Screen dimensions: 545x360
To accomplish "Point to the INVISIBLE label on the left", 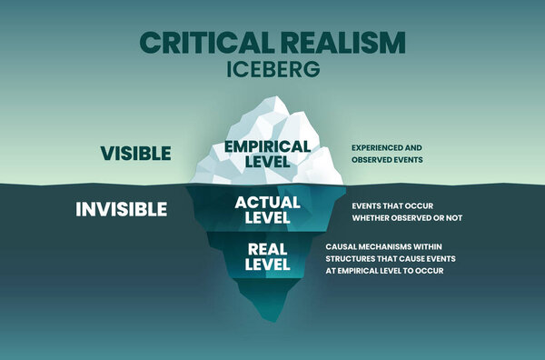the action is click(122, 209).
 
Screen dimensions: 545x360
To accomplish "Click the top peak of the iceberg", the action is click(270, 97).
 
